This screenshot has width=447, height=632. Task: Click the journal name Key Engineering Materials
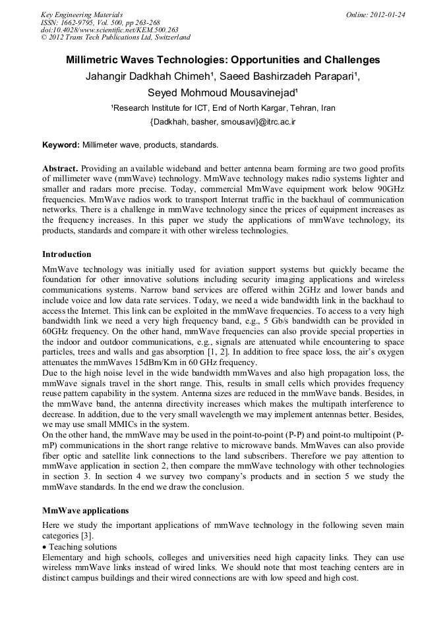[x=81, y=14]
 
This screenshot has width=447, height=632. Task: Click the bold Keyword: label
[x=61, y=144]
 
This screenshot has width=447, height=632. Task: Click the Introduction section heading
[x=67, y=254]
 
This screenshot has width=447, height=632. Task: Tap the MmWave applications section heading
[x=85, y=510]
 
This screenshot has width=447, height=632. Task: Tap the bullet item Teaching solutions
[x=82, y=546]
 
